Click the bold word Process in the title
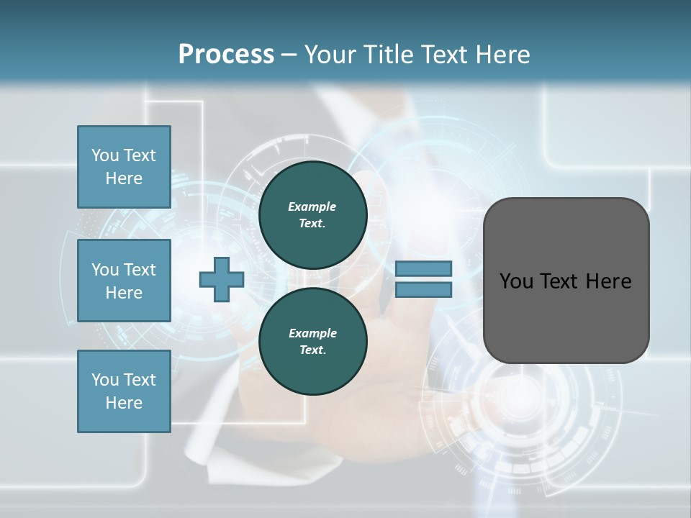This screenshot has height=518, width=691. pyautogui.click(x=226, y=55)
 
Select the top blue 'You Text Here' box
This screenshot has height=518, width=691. pyautogui.click(x=124, y=167)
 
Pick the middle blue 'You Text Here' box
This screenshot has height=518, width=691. pyautogui.click(x=124, y=281)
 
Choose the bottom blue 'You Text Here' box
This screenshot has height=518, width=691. pyautogui.click(x=124, y=391)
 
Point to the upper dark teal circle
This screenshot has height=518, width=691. pyautogui.click(x=312, y=214)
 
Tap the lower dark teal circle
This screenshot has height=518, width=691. pyautogui.click(x=312, y=341)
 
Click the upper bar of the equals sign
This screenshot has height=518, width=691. pyautogui.click(x=423, y=268)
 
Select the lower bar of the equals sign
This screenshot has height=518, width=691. pyautogui.click(x=423, y=290)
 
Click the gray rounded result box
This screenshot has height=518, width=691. pyautogui.click(x=566, y=280)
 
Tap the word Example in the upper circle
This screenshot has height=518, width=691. pyautogui.click(x=312, y=206)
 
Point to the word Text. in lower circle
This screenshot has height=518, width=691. pyautogui.click(x=312, y=350)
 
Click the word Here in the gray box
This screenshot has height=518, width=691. pyautogui.click(x=609, y=281)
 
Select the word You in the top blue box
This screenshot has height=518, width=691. pyautogui.click(x=104, y=155)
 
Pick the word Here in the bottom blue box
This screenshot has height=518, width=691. pyautogui.click(x=124, y=403)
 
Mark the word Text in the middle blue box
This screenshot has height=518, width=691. pyautogui.click(x=140, y=270)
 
